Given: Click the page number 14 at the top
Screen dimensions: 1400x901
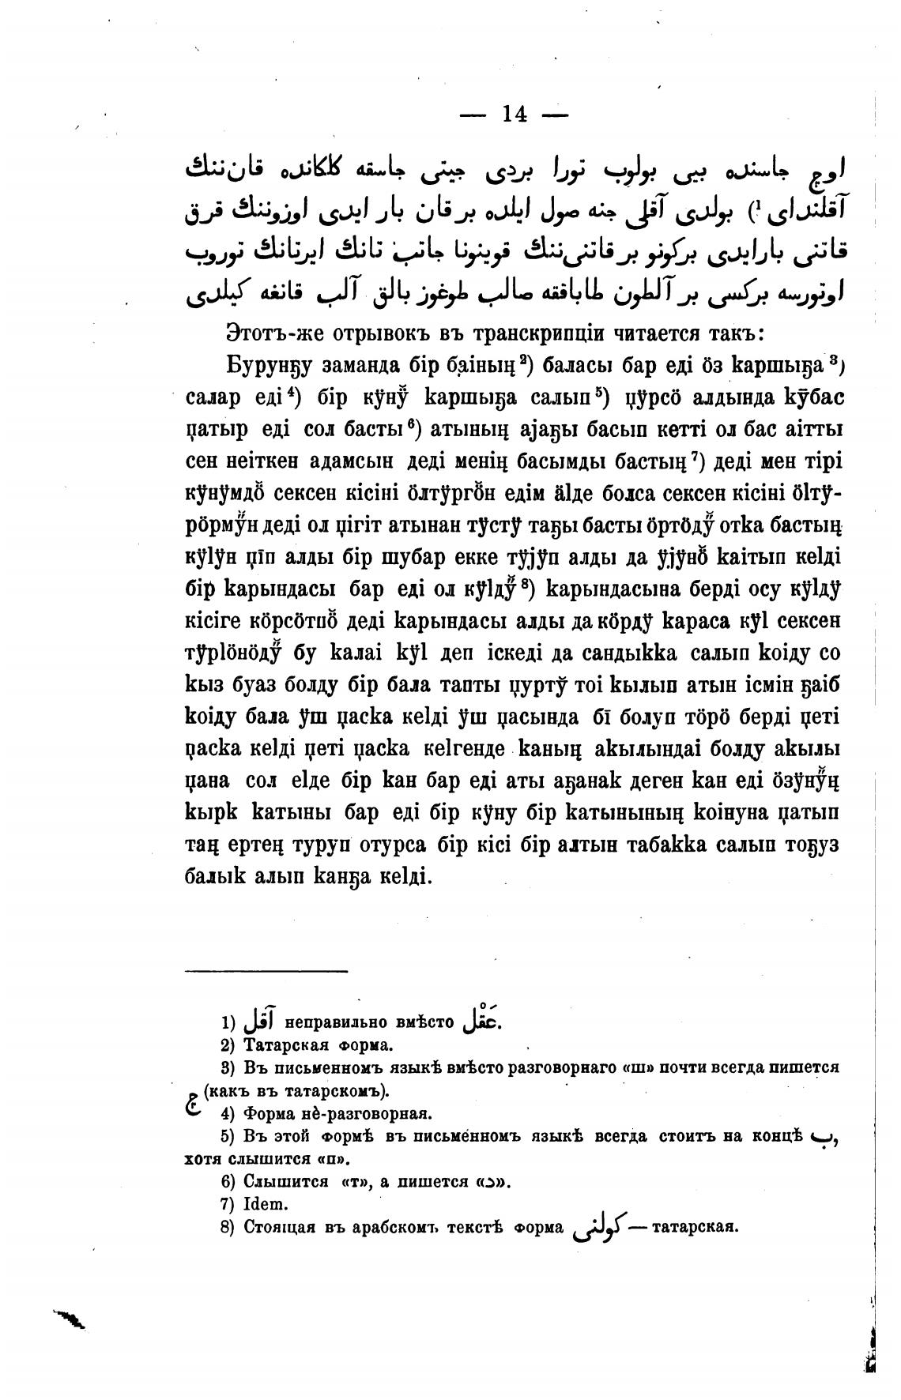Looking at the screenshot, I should (x=514, y=115).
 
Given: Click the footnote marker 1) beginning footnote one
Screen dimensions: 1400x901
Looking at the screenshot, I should (x=228, y=1023).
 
